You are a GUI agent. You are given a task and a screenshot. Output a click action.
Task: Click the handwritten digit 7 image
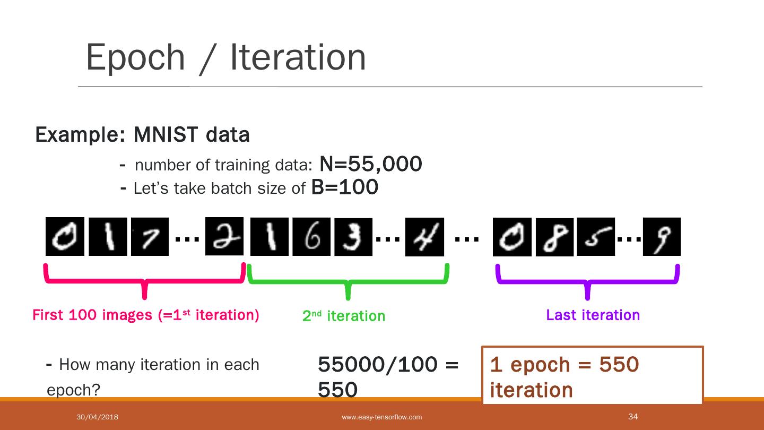(150, 237)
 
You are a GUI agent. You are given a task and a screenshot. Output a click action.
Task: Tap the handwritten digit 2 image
(224, 236)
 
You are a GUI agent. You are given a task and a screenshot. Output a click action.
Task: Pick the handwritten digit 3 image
(353, 237)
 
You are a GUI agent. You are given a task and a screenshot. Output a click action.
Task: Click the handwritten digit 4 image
(424, 237)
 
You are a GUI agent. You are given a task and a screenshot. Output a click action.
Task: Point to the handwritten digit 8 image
(554, 237)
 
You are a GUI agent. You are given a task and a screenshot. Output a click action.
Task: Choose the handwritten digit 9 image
(662, 237)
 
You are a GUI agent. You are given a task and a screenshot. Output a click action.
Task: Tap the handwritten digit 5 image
(596, 237)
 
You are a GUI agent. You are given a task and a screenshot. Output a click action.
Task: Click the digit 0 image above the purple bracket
(512, 237)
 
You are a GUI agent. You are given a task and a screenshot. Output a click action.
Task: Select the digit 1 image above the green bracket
(269, 237)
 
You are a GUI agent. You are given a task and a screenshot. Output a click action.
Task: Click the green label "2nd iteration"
(344, 316)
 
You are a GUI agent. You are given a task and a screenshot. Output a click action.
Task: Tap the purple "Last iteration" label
(593, 315)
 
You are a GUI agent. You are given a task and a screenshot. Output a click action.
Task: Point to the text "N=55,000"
(370, 165)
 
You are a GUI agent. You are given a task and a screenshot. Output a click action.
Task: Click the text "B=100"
(344, 187)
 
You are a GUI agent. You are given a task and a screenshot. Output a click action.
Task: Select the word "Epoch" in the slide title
(135, 57)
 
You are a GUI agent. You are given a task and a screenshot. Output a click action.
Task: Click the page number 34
(632, 416)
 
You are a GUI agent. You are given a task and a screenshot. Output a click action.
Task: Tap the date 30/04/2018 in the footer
(97, 417)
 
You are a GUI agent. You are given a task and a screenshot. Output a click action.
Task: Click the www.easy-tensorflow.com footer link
(382, 417)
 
